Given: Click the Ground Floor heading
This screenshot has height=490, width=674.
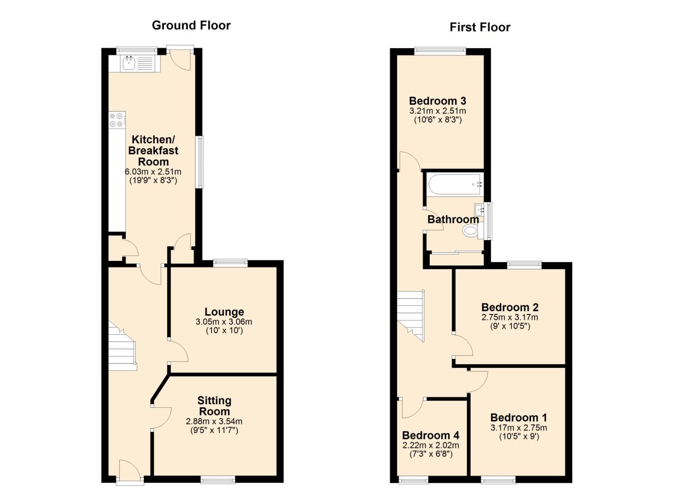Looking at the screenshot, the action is click(x=191, y=25).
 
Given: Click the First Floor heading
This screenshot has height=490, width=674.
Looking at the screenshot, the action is click(x=480, y=27).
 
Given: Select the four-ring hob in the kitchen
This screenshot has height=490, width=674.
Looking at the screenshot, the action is click(x=117, y=120).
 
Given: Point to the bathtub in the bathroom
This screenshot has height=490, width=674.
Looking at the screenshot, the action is click(x=455, y=184).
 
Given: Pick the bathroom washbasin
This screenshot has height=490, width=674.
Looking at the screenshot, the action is click(x=479, y=209).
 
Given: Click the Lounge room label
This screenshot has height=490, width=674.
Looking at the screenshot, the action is click(x=224, y=312).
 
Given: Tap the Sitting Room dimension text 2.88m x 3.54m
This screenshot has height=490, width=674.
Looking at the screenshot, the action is click(x=214, y=421).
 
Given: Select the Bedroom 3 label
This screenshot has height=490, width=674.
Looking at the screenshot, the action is click(x=438, y=100).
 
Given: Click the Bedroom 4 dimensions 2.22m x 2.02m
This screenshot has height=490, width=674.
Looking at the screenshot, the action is click(x=431, y=445).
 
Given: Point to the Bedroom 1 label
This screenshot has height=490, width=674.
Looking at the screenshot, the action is click(x=519, y=417).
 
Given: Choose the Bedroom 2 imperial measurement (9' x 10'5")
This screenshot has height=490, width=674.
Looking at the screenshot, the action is click(x=510, y=326).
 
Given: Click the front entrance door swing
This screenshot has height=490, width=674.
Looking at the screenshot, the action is click(x=130, y=472).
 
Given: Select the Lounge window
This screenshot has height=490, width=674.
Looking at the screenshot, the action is click(x=231, y=263).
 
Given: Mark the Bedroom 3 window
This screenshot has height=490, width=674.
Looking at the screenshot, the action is click(x=440, y=51).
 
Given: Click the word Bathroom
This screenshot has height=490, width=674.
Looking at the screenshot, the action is click(x=453, y=219).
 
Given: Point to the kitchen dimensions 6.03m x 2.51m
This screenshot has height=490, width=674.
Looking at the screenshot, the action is click(x=153, y=171).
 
